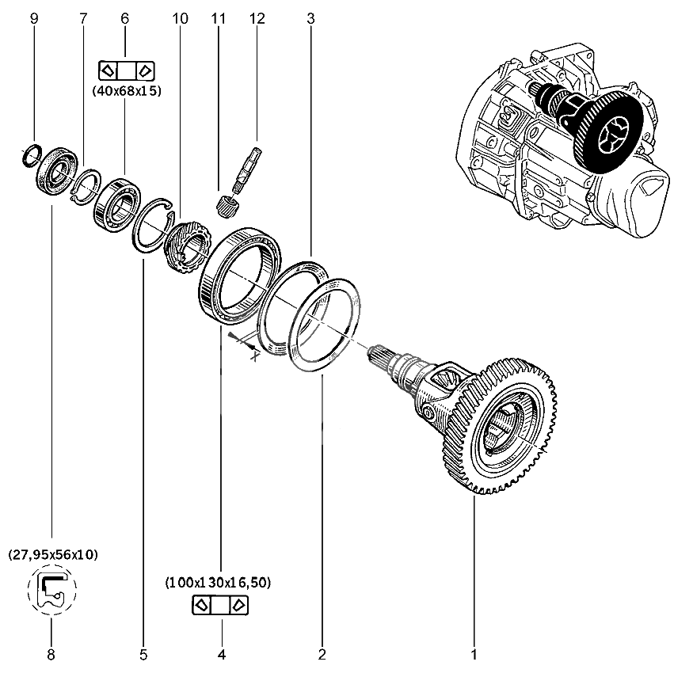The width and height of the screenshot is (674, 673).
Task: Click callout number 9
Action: click(x=34, y=17)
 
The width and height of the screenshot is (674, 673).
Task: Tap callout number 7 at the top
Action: click(x=84, y=17)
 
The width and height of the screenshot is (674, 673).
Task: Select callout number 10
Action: click(x=181, y=17)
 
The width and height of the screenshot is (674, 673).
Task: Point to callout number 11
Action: click(x=219, y=17)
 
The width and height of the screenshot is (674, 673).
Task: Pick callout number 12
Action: click(x=255, y=17)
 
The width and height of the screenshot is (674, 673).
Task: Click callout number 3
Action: click(x=311, y=17)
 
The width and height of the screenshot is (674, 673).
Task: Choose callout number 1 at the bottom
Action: click(x=474, y=655)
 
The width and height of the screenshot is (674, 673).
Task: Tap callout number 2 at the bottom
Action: click(x=322, y=655)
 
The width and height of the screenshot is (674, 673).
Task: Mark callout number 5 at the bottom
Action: click(x=143, y=655)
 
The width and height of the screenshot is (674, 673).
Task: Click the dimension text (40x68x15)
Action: click(x=127, y=91)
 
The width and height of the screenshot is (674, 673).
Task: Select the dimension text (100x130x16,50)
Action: click(x=219, y=583)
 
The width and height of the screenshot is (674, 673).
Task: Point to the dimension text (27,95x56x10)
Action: click(x=53, y=555)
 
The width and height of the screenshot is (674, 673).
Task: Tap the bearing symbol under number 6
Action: click(x=126, y=70)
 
